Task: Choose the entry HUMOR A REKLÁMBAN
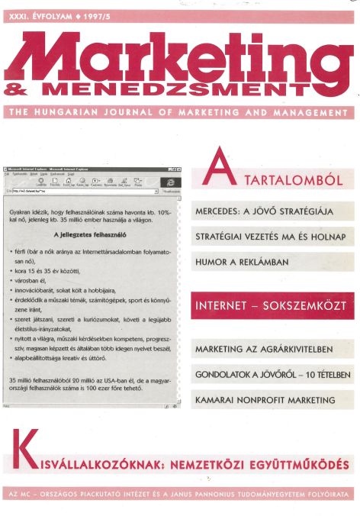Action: pyautogui.click(x=242, y=262)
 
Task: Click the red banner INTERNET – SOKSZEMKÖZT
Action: pyautogui.click(x=272, y=305)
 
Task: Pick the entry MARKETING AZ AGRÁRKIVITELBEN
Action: pyautogui.click(x=265, y=350)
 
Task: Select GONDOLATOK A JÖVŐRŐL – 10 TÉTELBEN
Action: pyautogui.click(x=273, y=375)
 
